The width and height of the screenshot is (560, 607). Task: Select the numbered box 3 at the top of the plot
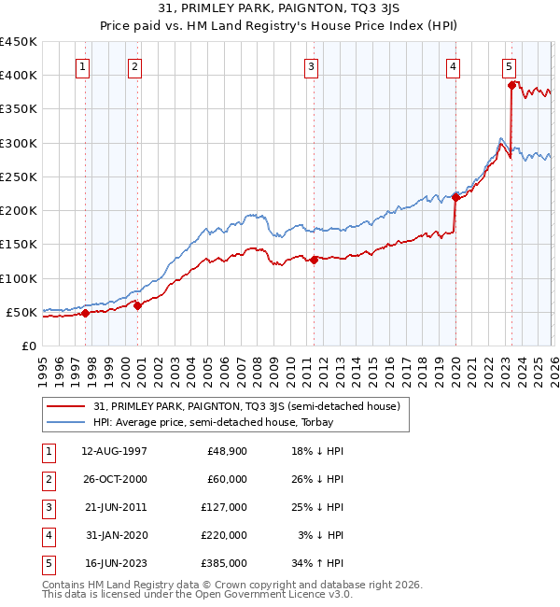[311, 66]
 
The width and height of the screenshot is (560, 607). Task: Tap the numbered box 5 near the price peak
[509, 66]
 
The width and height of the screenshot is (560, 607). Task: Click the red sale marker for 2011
[314, 261]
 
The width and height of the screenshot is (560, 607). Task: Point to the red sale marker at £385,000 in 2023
[511, 85]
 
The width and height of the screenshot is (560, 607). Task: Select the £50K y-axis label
[22, 313]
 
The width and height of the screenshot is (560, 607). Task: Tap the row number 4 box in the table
[46, 535]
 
